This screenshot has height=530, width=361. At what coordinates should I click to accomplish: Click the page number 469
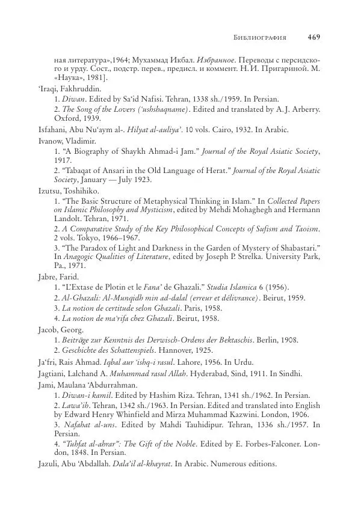coord(313,37)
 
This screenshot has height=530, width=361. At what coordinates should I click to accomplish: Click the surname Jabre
coord(47,278)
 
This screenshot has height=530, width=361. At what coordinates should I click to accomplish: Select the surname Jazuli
coord(48,465)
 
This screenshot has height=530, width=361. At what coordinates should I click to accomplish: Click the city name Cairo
coord(220,129)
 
